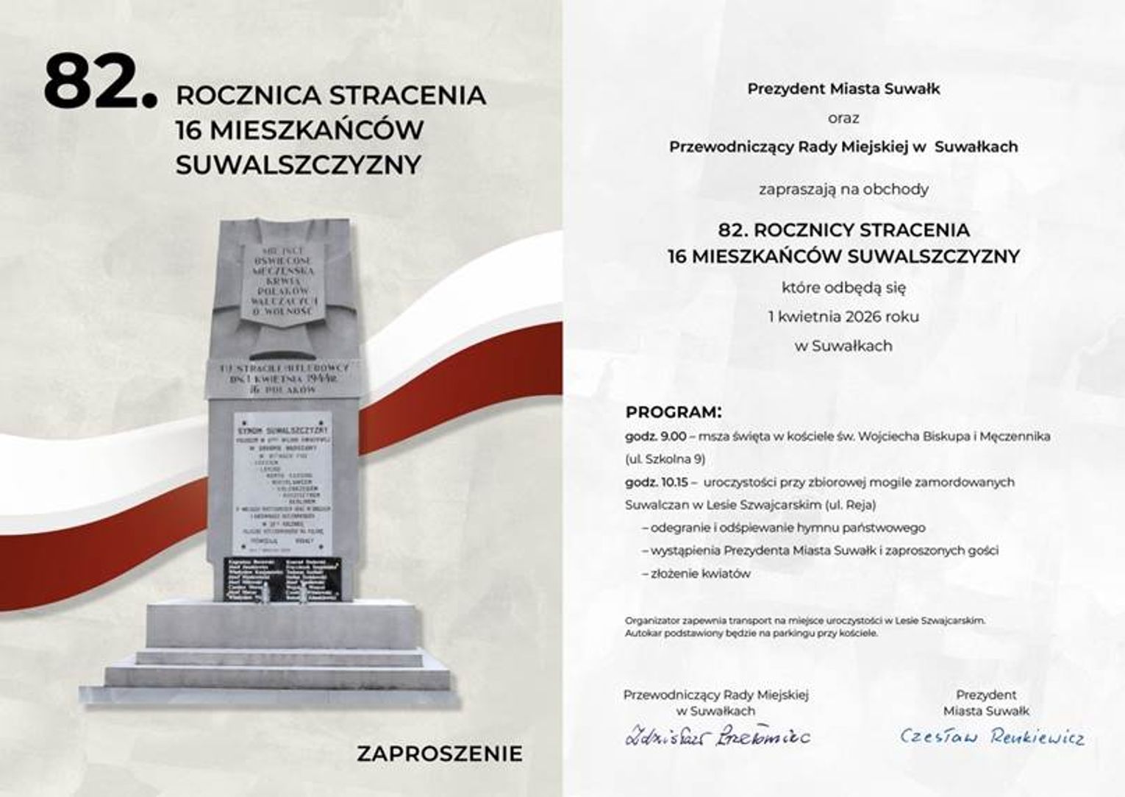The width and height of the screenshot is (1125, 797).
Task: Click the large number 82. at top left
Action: [x=100, y=81]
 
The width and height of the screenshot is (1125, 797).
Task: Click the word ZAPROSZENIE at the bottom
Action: [x=439, y=754]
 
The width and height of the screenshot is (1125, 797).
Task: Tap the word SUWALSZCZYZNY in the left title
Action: [x=299, y=165]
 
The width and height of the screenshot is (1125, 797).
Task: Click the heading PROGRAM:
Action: [x=673, y=411]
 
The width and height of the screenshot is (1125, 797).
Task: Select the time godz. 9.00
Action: [x=655, y=436]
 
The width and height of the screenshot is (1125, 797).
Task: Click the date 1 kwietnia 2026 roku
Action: [x=843, y=317]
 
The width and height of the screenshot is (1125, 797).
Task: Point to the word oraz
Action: [x=843, y=118]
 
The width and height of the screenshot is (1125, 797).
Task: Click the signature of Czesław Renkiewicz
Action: [x=991, y=736]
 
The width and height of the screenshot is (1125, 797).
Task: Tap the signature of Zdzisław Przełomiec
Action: [x=717, y=736]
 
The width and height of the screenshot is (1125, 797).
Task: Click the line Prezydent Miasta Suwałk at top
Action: [x=843, y=89]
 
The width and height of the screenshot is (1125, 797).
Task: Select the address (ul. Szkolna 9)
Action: [x=665, y=459]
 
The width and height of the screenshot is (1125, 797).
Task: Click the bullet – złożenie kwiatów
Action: [x=696, y=573]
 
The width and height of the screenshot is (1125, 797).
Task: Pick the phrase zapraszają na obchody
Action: [x=843, y=189]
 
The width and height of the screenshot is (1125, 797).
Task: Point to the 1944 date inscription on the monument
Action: [x=282, y=379]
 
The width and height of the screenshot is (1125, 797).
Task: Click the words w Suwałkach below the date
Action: [x=843, y=346]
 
